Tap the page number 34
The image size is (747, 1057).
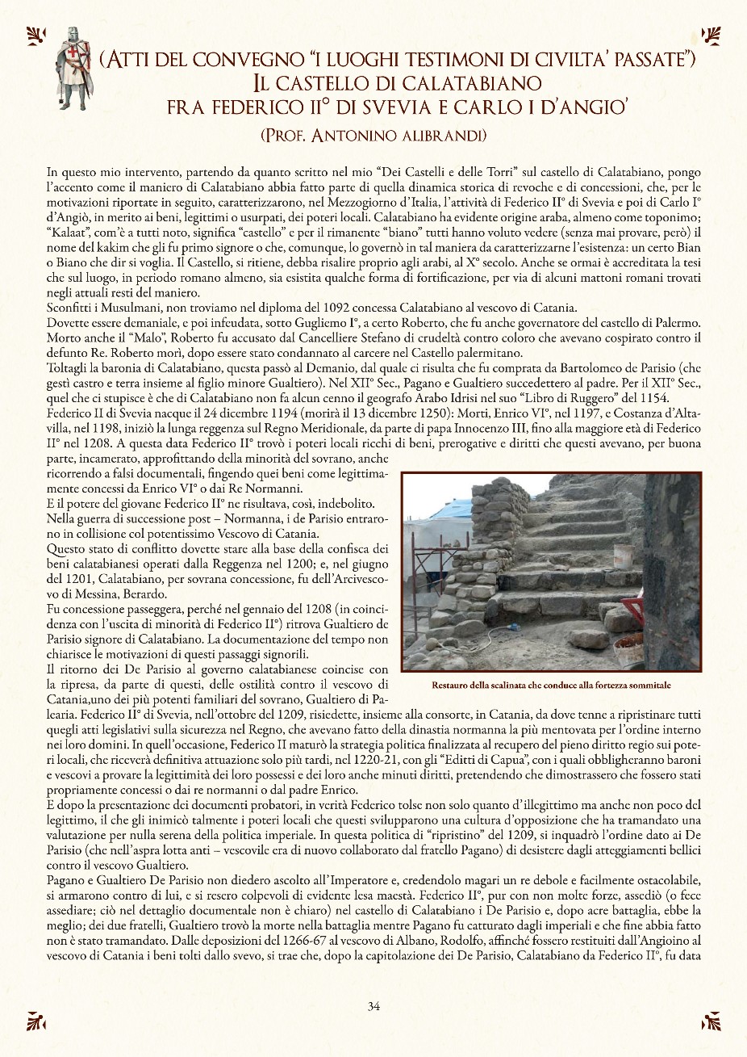pyautogui.click(x=373, y=1006)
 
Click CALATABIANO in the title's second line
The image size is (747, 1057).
pyautogui.click(x=440, y=82)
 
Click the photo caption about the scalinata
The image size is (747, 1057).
pyautogui.click(x=551, y=686)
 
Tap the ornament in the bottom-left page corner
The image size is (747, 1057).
pyautogui.click(x=35, y=1021)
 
